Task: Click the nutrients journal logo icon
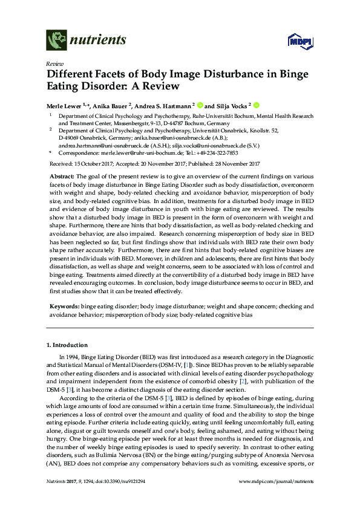56,41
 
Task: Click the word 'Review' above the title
54,63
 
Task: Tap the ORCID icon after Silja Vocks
257,103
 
